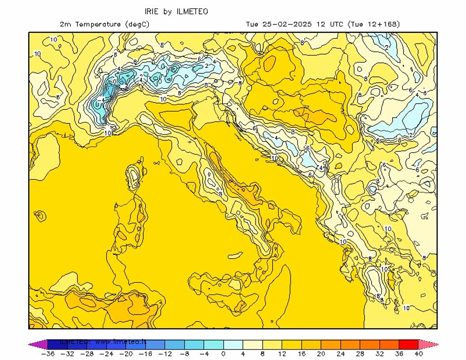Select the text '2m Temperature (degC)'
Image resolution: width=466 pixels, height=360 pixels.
pos(104,24)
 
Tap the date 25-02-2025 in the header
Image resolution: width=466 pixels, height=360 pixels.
pos(286,24)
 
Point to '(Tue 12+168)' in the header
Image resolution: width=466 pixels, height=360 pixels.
pos(374,24)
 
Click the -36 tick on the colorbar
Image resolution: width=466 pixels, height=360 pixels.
pos(48,354)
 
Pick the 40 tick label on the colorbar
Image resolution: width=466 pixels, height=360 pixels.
pos(418,354)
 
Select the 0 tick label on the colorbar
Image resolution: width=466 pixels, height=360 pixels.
pos(223,354)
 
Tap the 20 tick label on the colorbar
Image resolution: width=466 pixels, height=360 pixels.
pos(321,354)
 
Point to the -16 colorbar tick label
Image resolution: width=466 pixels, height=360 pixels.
pos(145,354)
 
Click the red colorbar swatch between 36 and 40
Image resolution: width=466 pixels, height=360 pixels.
pos(408,344)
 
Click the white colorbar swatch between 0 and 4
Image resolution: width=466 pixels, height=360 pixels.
pos(233,344)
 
